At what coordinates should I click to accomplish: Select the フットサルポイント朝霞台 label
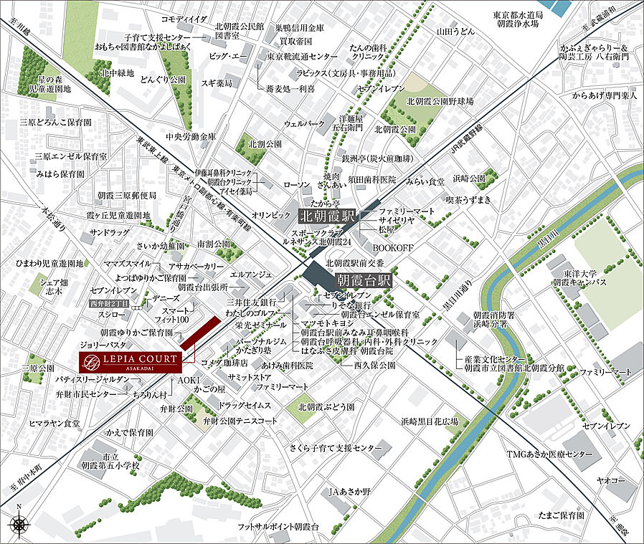pyautogui.click(x=278, y=527)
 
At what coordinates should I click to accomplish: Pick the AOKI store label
pyautogui.click(x=189, y=378)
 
